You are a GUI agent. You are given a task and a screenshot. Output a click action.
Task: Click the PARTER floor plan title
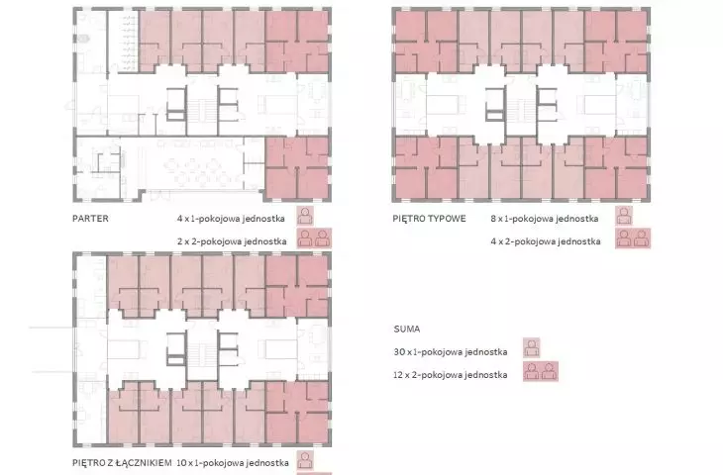[90, 219]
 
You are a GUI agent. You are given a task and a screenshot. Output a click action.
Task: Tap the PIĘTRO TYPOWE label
[429, 219]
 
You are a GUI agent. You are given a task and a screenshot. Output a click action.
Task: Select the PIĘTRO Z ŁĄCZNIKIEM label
[122, 462]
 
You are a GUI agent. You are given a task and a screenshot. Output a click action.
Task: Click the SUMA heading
[407, 329]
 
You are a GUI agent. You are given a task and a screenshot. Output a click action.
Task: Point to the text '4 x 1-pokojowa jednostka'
[231, 219]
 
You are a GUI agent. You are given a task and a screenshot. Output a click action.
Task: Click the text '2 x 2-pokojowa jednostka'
[232, 240]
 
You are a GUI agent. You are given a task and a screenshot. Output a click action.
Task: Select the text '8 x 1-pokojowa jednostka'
[545, 219]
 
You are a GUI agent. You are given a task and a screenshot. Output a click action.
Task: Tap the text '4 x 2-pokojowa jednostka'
[546, 240]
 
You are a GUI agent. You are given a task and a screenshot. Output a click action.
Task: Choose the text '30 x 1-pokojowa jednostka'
[451, 352]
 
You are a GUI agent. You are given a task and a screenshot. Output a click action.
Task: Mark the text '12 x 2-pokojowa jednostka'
[450, 375]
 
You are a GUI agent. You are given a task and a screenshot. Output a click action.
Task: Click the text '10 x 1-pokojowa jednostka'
[233, 462]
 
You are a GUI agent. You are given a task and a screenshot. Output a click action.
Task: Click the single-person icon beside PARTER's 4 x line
[305, 216]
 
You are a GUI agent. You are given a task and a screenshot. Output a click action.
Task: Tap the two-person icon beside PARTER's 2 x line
[314, 238]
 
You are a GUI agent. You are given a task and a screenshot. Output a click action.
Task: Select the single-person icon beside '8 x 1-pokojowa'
[624, 216]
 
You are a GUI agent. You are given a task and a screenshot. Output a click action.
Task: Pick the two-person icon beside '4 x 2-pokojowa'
[633, 238]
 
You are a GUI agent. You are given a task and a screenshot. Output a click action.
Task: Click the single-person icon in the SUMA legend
[532, 348]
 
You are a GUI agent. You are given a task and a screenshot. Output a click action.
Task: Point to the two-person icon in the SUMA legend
[541, 371]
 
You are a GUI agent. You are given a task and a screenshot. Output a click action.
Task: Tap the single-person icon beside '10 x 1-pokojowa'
[305, 460]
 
